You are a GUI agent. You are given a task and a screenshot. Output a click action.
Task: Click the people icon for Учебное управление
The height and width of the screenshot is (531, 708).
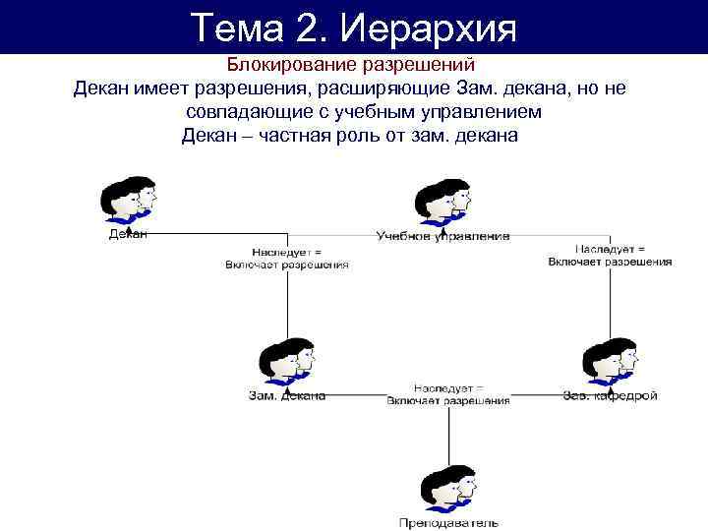tap(442, 202)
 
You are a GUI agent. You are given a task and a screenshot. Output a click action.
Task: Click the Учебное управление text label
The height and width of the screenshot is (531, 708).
tap(442, 236)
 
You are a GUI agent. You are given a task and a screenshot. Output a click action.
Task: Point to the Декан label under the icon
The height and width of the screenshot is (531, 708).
tap(127, 234)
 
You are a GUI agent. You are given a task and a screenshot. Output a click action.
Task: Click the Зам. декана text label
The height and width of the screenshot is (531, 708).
tap(285, 396)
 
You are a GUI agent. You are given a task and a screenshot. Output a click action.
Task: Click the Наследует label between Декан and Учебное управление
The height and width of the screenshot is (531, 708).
tap(286, 257)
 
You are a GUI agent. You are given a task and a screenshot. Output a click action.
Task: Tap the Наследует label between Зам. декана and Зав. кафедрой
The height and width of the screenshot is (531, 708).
tap(448, 393)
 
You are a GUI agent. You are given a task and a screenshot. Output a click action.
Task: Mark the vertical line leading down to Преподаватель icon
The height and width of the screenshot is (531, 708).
tap(448, 433)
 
